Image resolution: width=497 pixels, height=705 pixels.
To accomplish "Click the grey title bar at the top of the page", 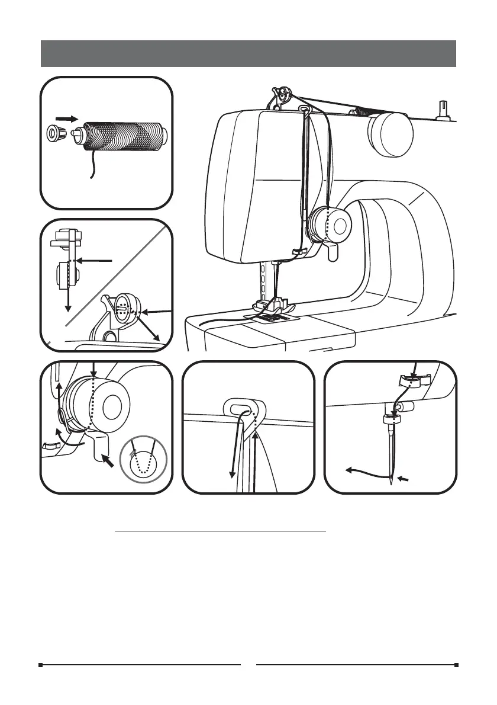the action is pyautogui.click(x=248, y=54).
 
